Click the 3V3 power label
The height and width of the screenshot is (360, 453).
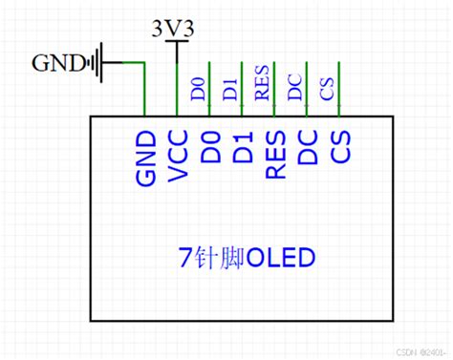click(x=174, y=29)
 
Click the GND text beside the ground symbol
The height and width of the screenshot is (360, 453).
click(x=56, y=63)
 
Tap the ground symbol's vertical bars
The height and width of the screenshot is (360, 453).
click(x=95, y=63)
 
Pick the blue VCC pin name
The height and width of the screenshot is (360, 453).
click(x=178, y=155)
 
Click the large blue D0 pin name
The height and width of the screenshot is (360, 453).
click(x=211, y=146)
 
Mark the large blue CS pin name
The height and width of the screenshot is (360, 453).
click(x=339, y=146)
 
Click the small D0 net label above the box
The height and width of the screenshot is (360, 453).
click(x=198, y=91)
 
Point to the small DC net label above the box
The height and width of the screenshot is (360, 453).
click(x=294, y=89)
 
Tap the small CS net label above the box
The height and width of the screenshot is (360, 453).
click(x=327, y=91)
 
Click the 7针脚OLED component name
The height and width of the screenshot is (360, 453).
click(x=247, y=257)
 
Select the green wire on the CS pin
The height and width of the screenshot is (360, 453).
click(x=339, y=91)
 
